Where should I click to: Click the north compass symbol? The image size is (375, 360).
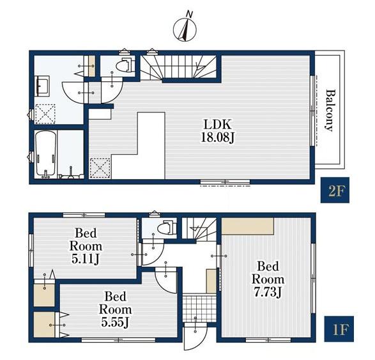point(185,29)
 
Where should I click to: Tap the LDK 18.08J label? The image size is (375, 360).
point(217,131)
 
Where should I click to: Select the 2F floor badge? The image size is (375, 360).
point(335,190)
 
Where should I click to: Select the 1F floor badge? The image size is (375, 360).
point(339,329)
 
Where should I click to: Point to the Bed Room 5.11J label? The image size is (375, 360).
point(86,246)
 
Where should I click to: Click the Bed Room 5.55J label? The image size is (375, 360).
point(115,309)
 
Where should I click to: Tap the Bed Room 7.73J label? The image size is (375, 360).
point(268,279)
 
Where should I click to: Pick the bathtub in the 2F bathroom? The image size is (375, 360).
point(46,154)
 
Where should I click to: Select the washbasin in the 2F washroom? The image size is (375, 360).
point(42,86)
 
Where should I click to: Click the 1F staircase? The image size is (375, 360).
point(199,228)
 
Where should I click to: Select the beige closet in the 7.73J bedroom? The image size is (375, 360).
point(247,226)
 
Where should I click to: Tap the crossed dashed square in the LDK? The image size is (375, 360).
point(100,168)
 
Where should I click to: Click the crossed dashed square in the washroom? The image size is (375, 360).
point(45,114)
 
